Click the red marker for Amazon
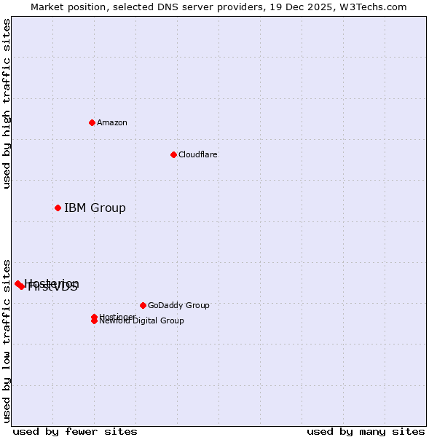pyautogui.click(x=92, y=122)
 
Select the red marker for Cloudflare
pyautogui.click(x=173, y=154)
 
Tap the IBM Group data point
pyautogui.click(x=58, y=208)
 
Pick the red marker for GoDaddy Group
pyautogui.click(x=143, y=305)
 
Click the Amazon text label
pyautogui.click(x=112, y=122)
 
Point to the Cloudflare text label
pyautogui.click(x=198, y=154)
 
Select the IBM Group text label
pyautogui.click(x=95, y=208)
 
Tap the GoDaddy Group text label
pyautogui.click(x=178, y=305)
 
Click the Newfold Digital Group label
pyautogui.click(x=143, y=321)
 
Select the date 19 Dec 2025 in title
pyautogui.click(x=306, y=7)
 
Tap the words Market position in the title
pyautogui.click(x=65, y=7)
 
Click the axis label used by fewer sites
pyautogui.click(x=75, y=431)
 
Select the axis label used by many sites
pyautogui.click(x=366, y=431)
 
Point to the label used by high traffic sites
pyautogui.click(x=7, y=103)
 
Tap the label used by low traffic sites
pyautogui.click(x=7, y=341)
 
